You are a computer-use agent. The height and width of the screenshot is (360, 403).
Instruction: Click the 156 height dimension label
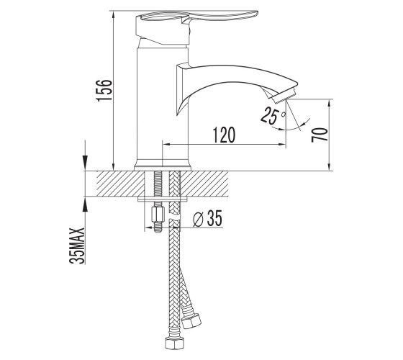coord(104,90)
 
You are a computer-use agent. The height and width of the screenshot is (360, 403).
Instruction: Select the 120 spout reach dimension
coord(224,135)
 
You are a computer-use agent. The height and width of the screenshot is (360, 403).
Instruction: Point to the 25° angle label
coord(272,116)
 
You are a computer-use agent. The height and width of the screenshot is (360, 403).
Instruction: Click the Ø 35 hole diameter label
coord(207,218)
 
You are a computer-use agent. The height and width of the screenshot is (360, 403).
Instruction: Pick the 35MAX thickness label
coord(77,246)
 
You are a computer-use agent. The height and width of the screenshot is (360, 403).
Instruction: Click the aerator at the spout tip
coord(284,96)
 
